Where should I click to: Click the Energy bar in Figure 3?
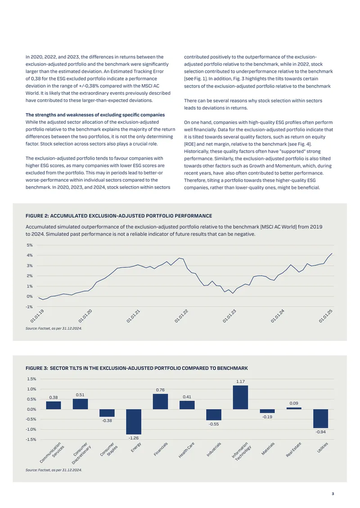pos(134,422)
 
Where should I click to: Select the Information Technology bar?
pos(240,397)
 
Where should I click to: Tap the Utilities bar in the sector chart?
pos(320,419)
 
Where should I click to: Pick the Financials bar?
pos(160,401)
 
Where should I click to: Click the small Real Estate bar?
pos(294,408)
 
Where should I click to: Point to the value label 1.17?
pos(240,381)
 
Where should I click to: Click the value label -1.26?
pos(134,438)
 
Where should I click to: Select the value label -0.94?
pos(321,432)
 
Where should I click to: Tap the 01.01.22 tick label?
pos(181,316)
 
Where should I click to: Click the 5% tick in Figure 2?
pos(30,245)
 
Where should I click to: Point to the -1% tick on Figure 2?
pos(29,307)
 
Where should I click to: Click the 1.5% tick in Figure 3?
pos(31,379)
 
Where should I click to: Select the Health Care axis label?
pos(186,450)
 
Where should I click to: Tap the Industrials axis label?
pos(214,450)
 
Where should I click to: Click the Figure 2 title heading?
pos(119,216)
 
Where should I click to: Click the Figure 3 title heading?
pos(136,368)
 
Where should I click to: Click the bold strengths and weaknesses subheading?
pos(95,115)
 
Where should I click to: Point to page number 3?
pos(333,494)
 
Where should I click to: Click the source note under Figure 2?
pos(54,328)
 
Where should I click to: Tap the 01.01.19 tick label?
pos(37,316)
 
